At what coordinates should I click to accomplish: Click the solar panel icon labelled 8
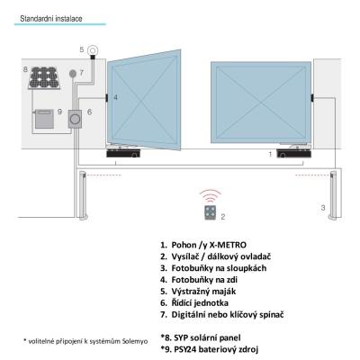click(44, 78)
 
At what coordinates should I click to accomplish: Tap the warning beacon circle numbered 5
click(93, 50)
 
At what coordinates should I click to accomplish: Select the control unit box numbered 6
click(75, 119)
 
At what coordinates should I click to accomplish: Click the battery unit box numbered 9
click(44, 119)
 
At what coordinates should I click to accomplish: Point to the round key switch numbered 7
click(73, 73)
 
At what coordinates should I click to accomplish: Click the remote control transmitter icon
click(211, 212)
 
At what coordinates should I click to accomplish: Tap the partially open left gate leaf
click(144, 101)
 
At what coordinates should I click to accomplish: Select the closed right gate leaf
click(261, 103)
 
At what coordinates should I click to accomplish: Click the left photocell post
click(83, 195)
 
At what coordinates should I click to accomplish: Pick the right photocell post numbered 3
click(333, 195)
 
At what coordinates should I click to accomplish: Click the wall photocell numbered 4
click(107, 98)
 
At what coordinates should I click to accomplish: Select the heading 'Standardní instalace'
click(51, 19)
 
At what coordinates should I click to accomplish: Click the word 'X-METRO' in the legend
click(228, 245)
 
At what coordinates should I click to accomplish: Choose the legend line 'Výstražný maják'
click(203, 292)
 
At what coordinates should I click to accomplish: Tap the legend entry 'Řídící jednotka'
click(200, 303)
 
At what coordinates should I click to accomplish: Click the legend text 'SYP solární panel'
click(207, 337)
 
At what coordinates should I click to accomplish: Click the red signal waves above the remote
click(211, 196)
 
